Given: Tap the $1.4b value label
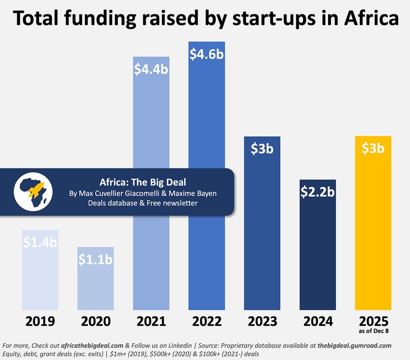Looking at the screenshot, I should [39, 242].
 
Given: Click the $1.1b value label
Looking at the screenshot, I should [95, 259].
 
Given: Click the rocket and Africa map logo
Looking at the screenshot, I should [31, 191].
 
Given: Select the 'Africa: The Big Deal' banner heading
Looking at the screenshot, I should [143, 182].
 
